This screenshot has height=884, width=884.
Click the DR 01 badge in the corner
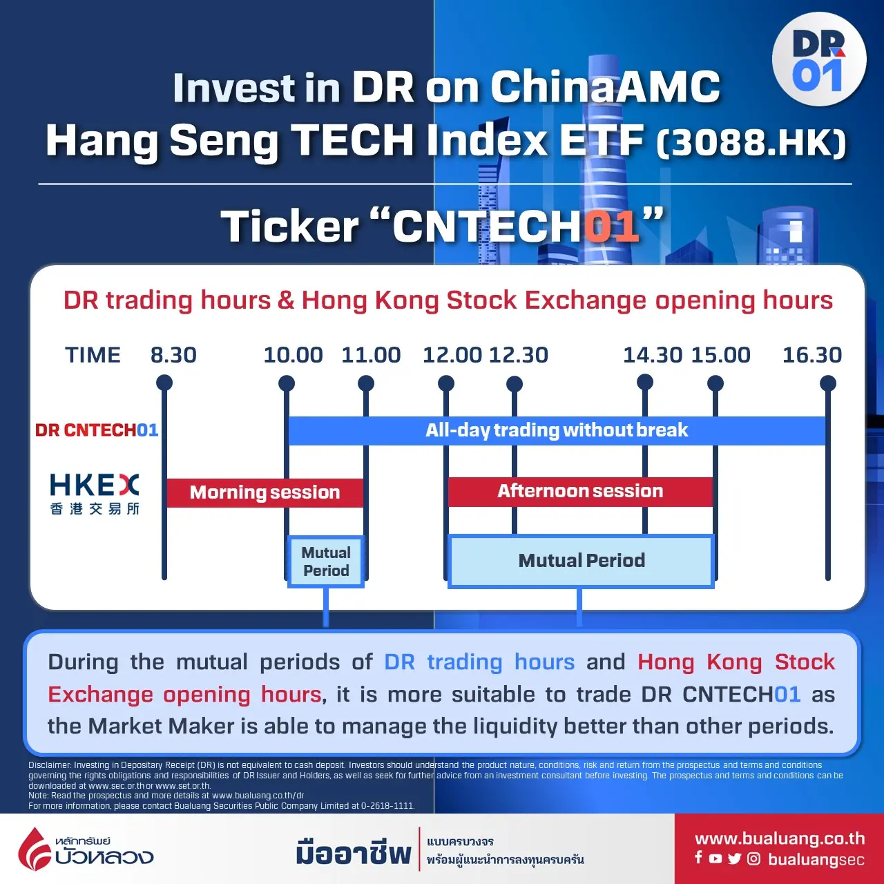[819, 59]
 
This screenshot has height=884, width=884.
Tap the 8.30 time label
[173, 355]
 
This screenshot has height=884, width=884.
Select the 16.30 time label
[812, 355]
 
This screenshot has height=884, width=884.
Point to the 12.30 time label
[519, 355]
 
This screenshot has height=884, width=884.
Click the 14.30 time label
[653, 355]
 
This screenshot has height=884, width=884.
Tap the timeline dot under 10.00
[287, 383]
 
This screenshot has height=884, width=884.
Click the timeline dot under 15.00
[715, 383]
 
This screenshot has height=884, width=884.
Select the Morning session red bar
[265, 492]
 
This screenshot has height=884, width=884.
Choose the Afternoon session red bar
[580, 491]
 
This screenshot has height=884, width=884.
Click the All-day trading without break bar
[557, 430]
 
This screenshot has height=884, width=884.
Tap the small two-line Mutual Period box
[326, 561]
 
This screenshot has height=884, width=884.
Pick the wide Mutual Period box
[582, 561]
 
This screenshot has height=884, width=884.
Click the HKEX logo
[95, 494]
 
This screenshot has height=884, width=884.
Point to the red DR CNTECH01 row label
[97, 430]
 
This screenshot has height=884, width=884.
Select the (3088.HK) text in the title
[751, 143]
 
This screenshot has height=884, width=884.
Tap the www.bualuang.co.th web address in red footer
[780, 839]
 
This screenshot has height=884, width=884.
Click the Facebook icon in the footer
[698, 857]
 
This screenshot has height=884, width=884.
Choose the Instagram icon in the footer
[753, 858]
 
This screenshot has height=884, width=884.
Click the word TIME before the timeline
[93, 355]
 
